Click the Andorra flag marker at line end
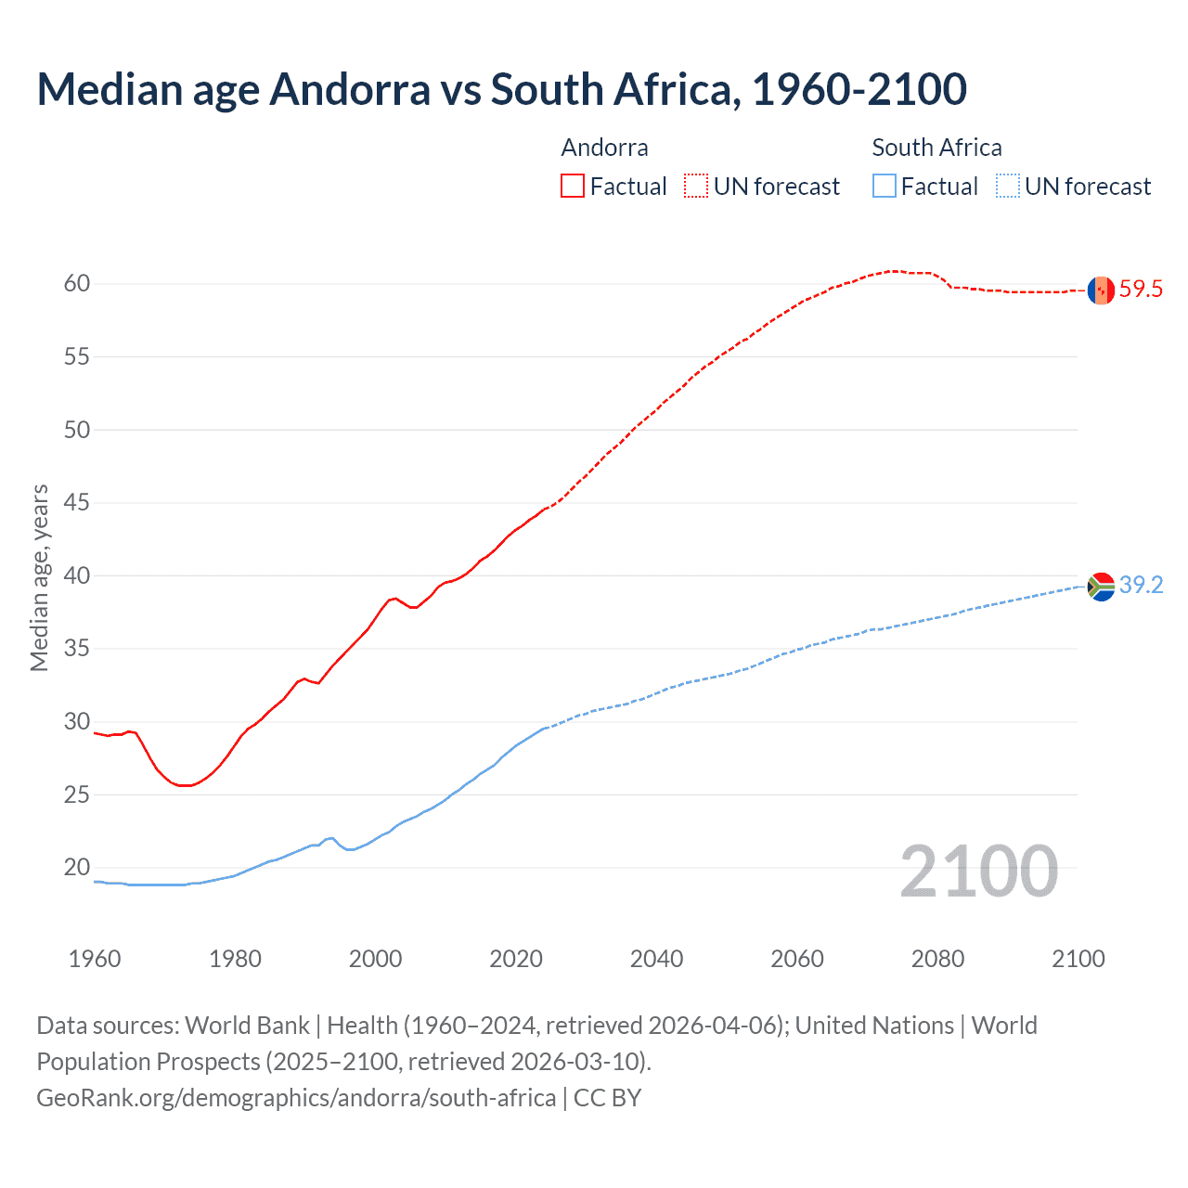1101,290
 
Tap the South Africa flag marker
1101,587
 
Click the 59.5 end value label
1141,290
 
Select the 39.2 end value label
1141,586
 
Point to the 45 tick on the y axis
77,503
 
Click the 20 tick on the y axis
77,868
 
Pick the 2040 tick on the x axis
656,959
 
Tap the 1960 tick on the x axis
95,959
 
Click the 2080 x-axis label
937,959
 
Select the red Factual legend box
573,186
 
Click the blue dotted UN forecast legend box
1008,186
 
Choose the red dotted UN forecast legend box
696,186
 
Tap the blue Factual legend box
885,186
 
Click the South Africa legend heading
936,148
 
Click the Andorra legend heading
604,148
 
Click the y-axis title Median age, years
39,577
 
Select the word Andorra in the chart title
350,89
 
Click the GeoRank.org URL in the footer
295,1098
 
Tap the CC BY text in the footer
607,1098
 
